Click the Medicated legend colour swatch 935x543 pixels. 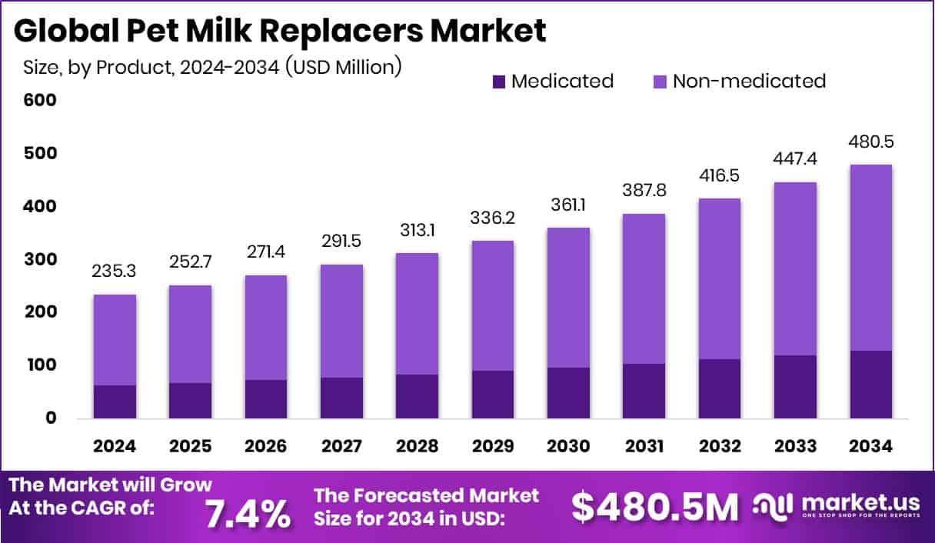pyautogui.click(x=498, y=82)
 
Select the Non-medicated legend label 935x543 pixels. pyautogui.click(x=749, y=82)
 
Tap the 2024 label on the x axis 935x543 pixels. pyautogui.click(x=115, y=447)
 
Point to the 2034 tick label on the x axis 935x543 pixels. pyautogui.click(x=871, y=447)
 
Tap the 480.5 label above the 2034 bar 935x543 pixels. pyautogui.click(x=871, y=142)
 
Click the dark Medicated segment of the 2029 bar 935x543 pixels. pyautogui.click(x=493, y=395)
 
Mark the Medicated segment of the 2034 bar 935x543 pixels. pyautogui.click(x=871, y=385)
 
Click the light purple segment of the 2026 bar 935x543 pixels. pyautogui.click(x=266, y=328)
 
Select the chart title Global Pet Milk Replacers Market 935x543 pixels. pyautogui.click(x=280, y=31)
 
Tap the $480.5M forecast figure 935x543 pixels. pyautogui.click(x=655, y=508)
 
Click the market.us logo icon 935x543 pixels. pyautogui.click(x=773, y=507)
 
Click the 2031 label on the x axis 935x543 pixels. pyautogui.click(x=644, y=447)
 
